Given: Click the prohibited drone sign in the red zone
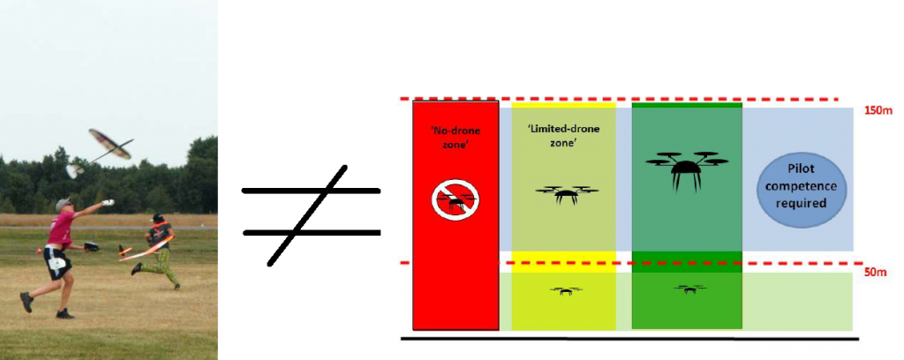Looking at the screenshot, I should [456, 199].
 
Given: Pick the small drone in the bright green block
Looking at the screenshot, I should [687, 289].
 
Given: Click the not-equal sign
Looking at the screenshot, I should [311, 212].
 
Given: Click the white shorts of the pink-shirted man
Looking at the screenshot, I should [55, 260].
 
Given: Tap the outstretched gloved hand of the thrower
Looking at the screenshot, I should [108, 203].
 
